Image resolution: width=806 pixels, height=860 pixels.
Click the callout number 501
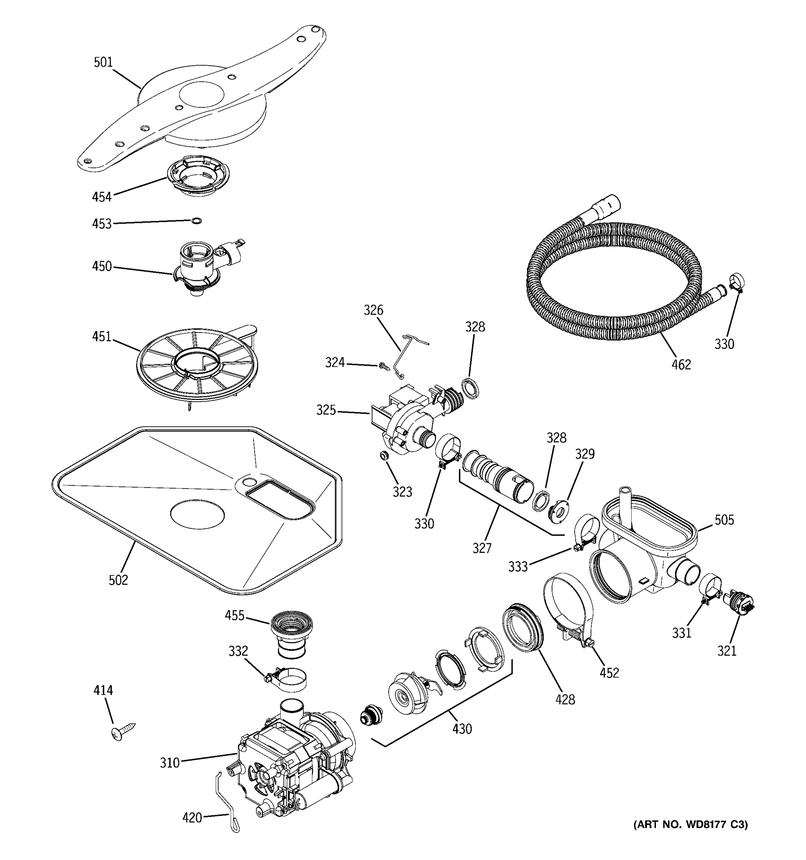click(x=103, y=63)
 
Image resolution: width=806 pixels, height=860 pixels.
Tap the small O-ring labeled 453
click(x=196, y=221)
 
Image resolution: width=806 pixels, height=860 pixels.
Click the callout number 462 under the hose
click(x=681, y=365)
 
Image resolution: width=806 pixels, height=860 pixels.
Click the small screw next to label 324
click(x=383, y=367)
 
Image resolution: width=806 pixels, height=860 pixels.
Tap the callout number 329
click(x=585, y=454)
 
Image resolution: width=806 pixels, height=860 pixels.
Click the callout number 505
click(x=724, y=520)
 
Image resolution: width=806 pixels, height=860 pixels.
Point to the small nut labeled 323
click(x=383, y=455)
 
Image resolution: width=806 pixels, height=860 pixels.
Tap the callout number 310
click(x=169, y=763)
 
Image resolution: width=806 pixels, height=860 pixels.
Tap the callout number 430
click(x=462, y=729)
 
